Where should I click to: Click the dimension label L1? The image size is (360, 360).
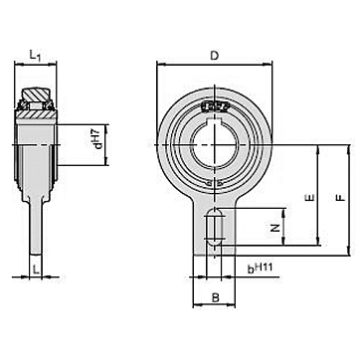[35, 56]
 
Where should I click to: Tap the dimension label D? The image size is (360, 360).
[215, 56]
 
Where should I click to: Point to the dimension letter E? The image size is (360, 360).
[310, 198]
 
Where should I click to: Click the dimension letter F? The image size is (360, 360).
[340, 198]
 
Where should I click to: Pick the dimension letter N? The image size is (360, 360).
[274, 228]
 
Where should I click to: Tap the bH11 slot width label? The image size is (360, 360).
[261, 268]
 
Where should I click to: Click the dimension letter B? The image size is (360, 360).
[216, 298]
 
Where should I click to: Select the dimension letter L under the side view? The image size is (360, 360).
[37, 270]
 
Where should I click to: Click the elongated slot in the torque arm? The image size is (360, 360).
[214, 228]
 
